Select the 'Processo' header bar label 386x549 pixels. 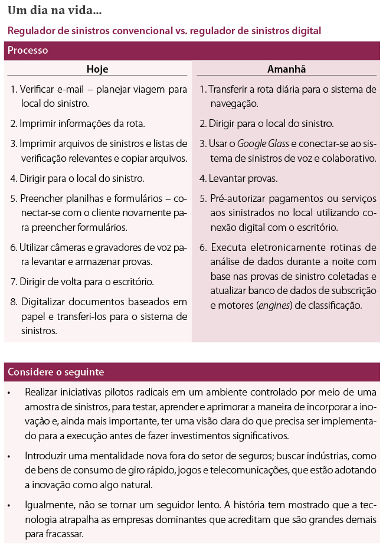[28, 51]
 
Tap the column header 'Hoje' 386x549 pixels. [97, 69]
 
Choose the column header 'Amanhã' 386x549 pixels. [287, 69]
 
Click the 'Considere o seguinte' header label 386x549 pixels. [56, 372]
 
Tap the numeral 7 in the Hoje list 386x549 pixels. [14, 281]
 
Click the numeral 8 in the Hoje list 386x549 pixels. [14, 302]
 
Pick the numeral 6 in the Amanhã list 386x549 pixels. [202, 247]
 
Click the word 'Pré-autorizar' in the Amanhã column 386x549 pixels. [236, 199]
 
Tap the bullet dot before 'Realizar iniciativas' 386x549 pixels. [9, 393]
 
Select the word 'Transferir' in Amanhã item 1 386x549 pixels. [230, 89]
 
